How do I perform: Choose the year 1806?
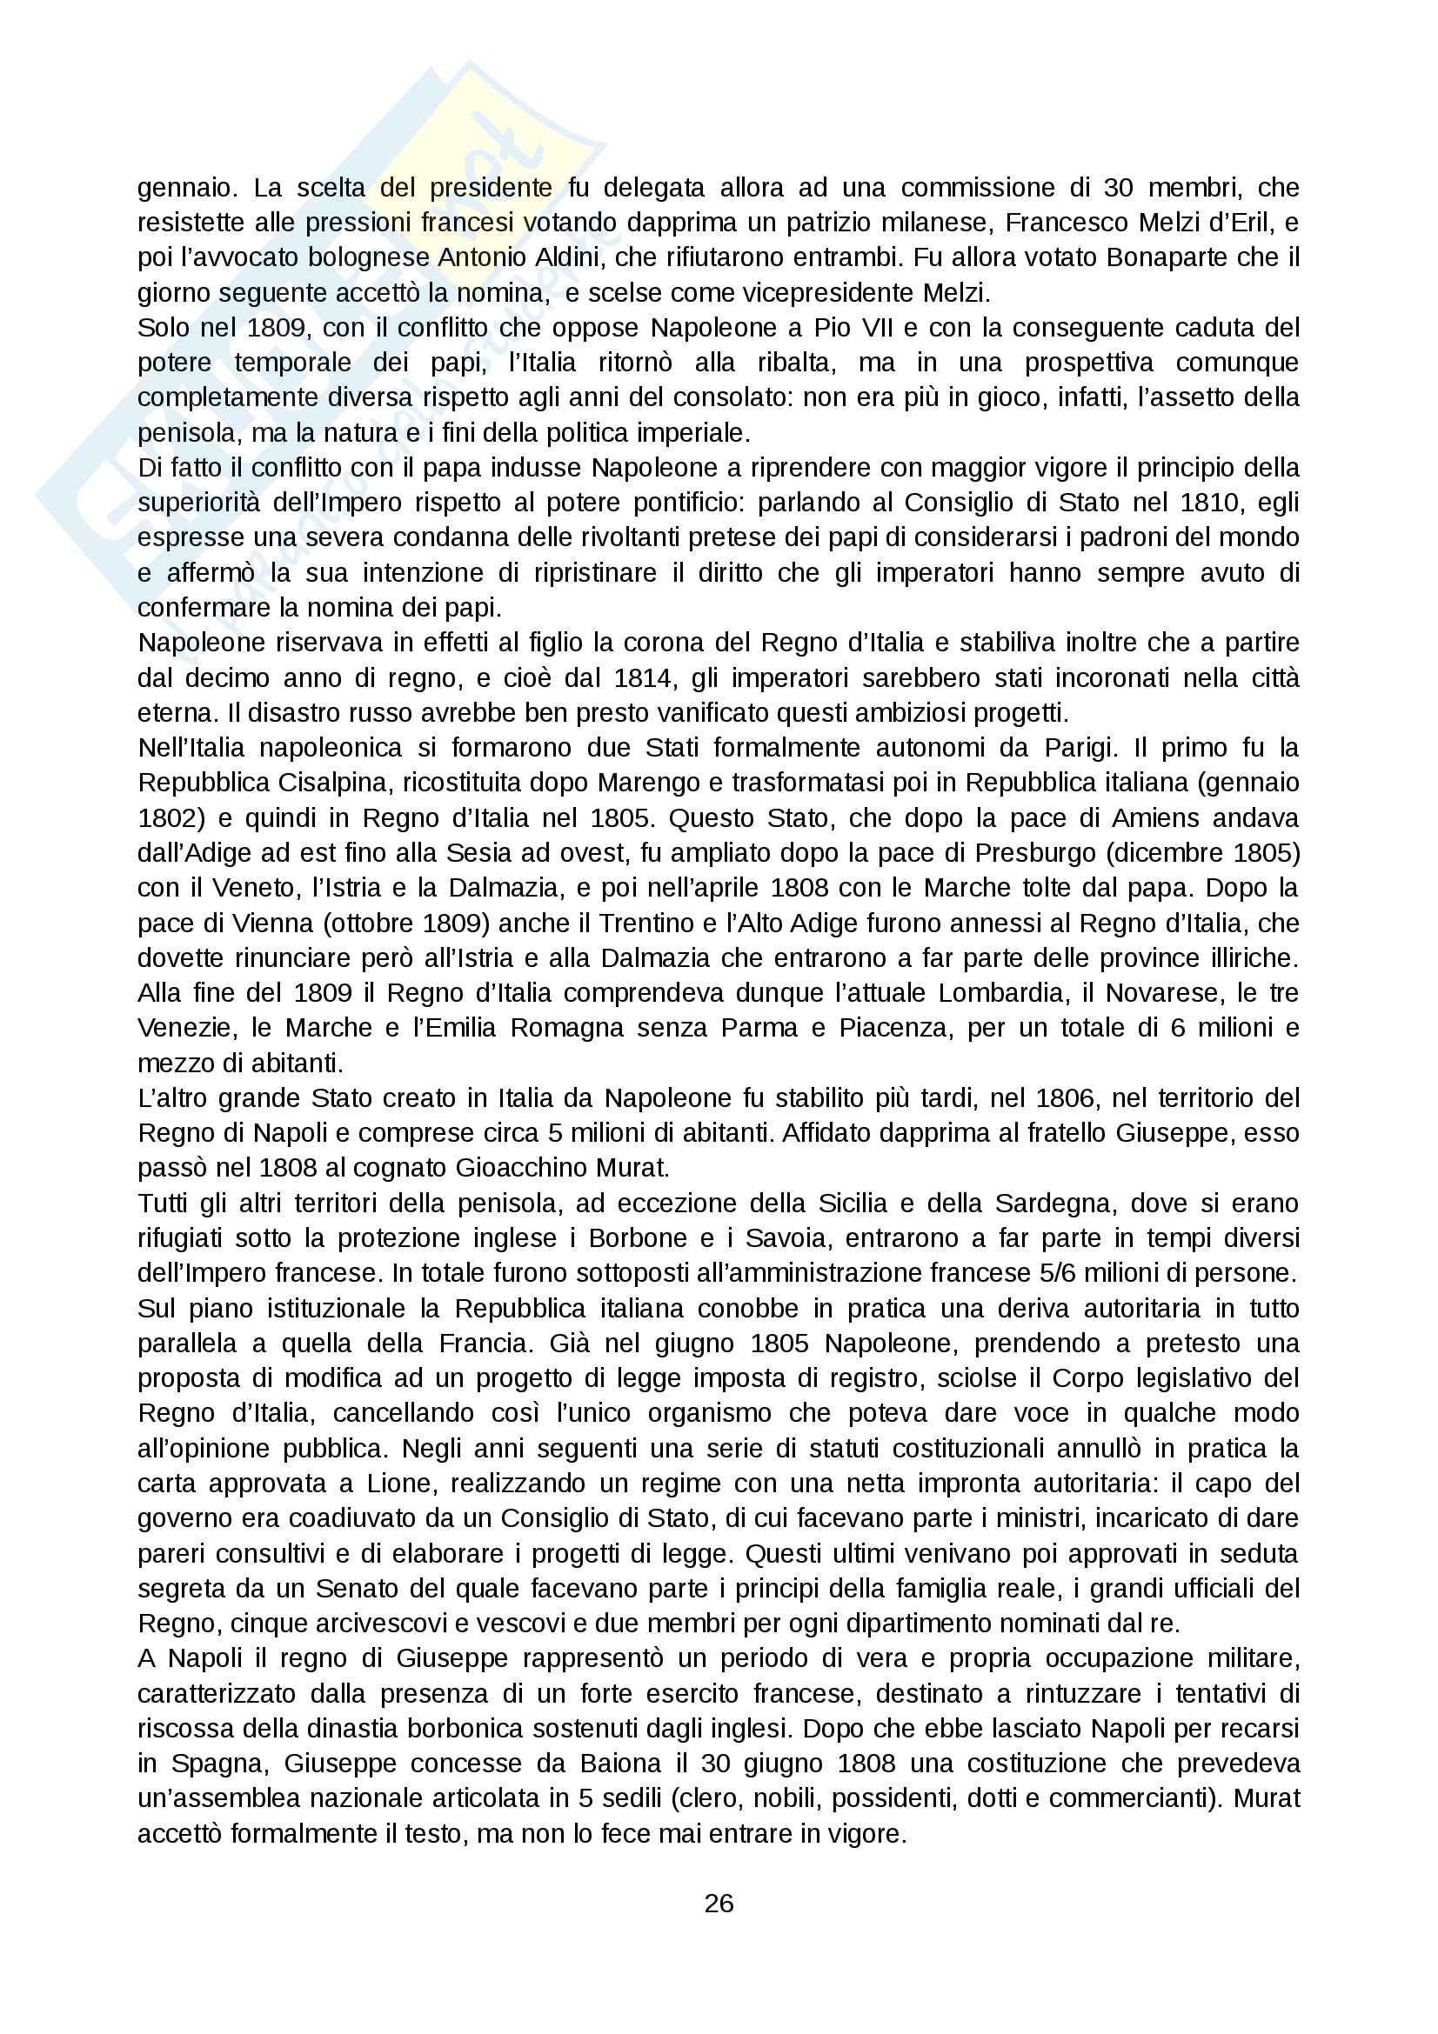[x=1050, y=1098]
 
